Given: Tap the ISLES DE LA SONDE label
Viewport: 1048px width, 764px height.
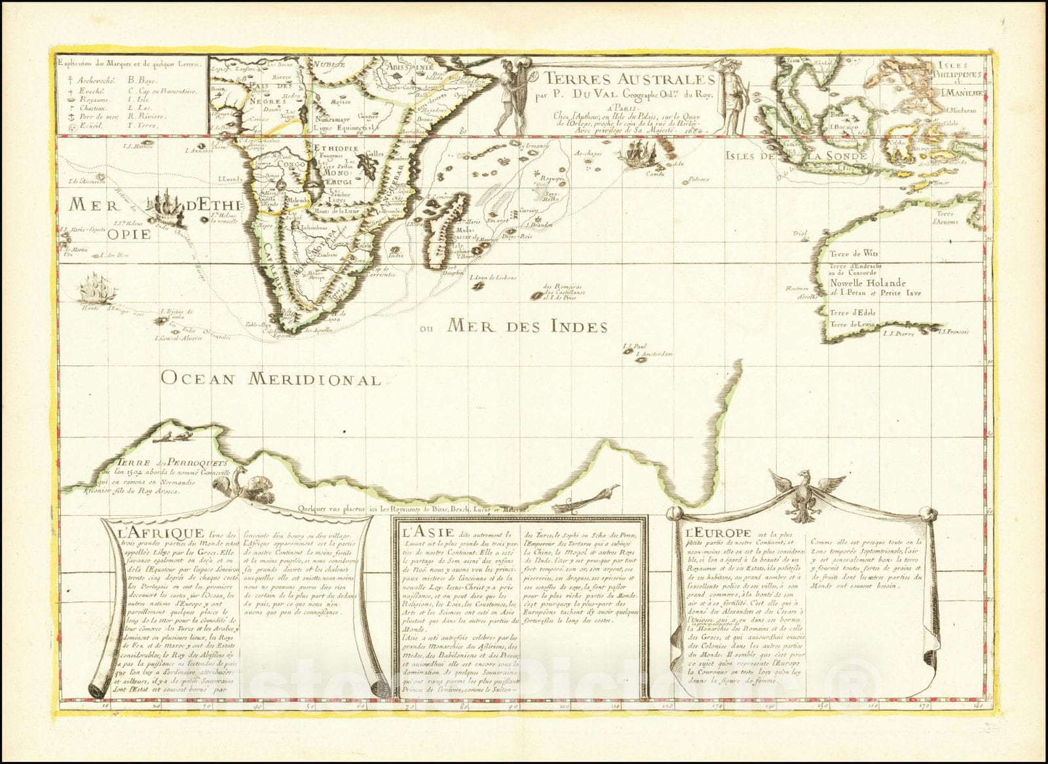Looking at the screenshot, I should (796, 156).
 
